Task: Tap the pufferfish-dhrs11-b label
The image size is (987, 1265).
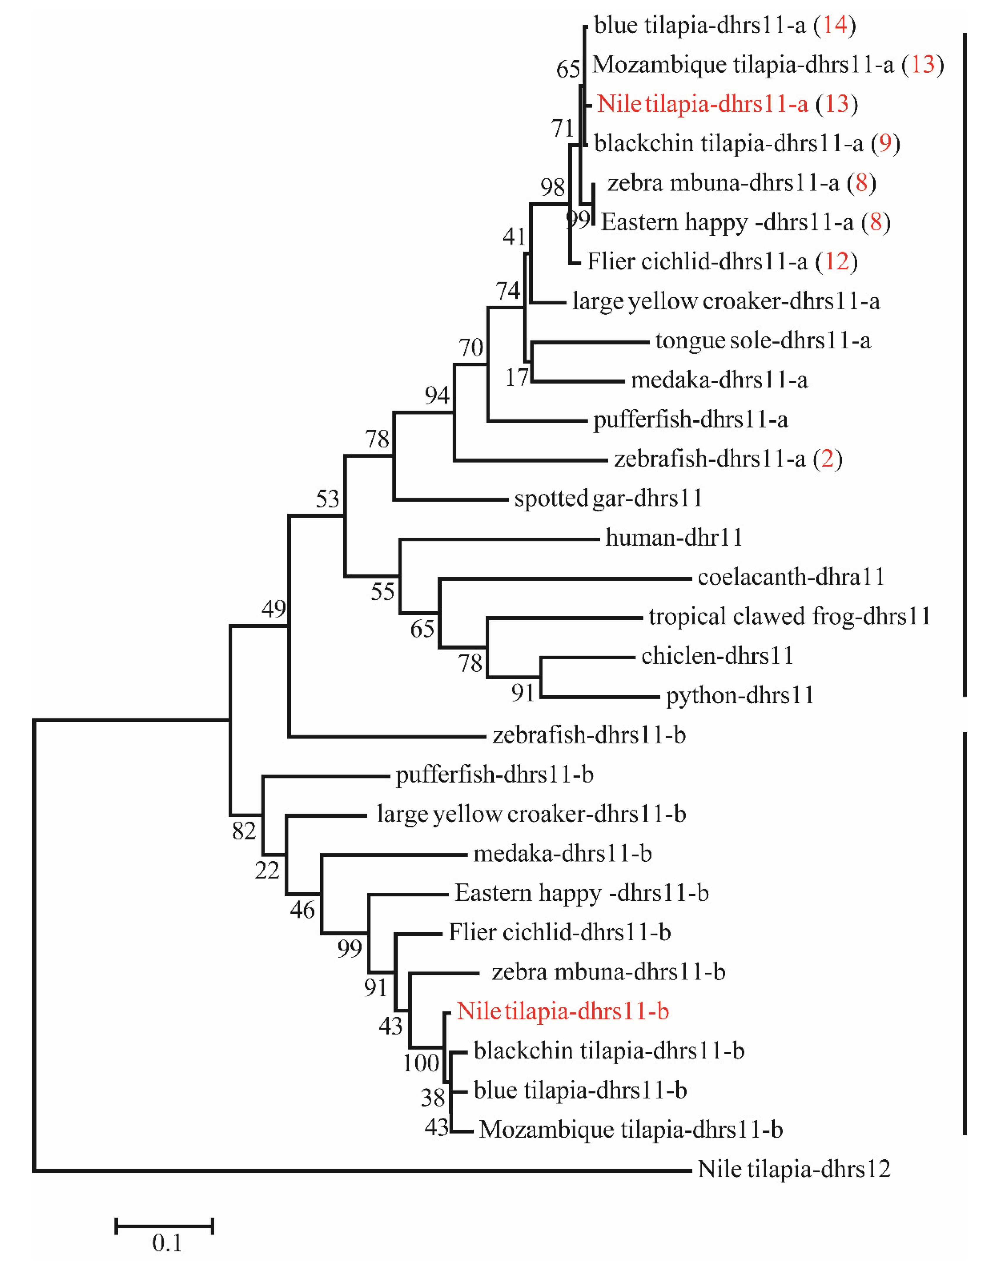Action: (494, 774)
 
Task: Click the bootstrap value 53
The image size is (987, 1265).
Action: (327, 499)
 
